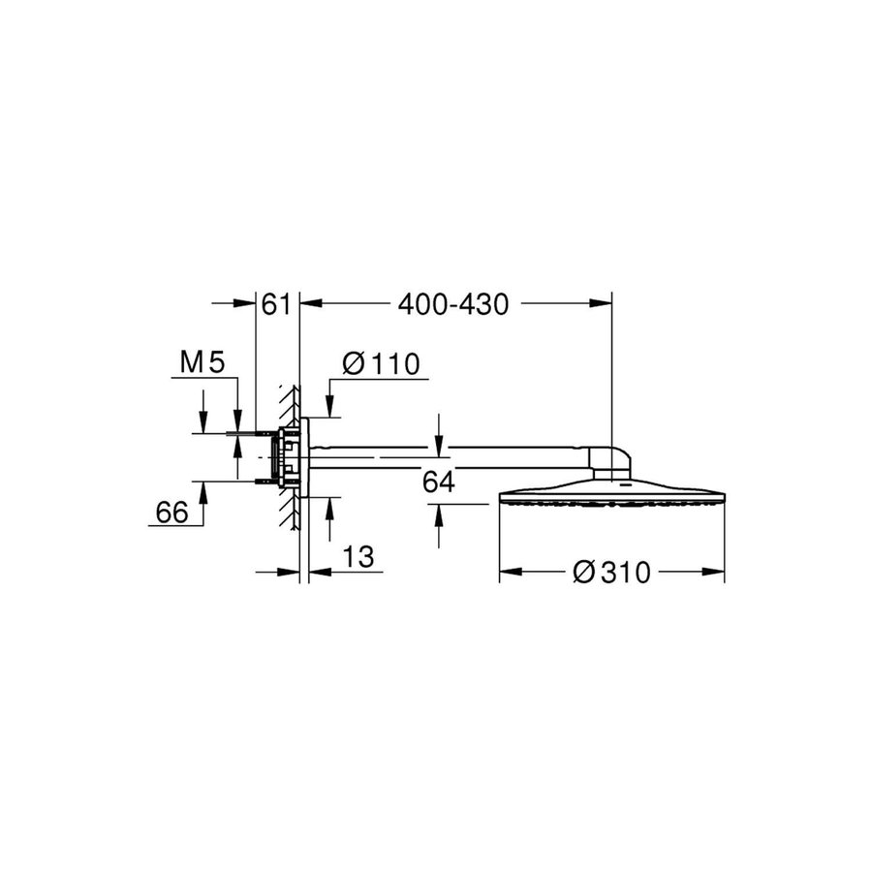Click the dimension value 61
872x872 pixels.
[276, 304]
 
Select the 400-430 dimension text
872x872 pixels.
[453, 304]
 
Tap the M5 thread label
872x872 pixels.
[202, 363]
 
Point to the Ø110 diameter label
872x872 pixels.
[380, 364]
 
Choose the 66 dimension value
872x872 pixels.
[171, 514]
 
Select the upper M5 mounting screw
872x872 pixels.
[260, 432]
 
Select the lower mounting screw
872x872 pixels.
[260, 481]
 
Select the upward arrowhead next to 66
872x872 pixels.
[203, 489]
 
